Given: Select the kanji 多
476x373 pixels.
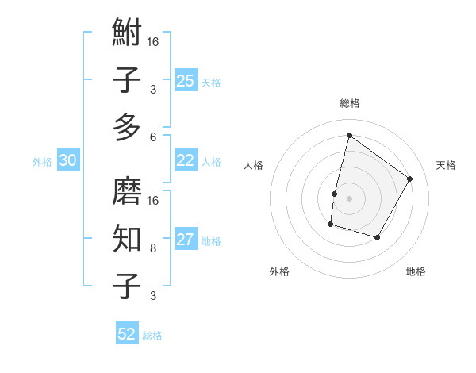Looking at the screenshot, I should tap(127, 128).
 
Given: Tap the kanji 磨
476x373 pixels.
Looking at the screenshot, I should tap(127, 191).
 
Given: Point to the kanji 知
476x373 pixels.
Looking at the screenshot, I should tap(127, 238).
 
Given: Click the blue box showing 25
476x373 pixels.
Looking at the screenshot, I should tap(185, 81).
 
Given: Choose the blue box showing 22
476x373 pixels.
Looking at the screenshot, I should tap(185, 160).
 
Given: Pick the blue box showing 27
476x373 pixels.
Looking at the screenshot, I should tap(185, 240).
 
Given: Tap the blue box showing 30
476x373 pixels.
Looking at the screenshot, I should tap(68, 160).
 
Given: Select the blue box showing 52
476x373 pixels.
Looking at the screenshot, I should tap(127, 334).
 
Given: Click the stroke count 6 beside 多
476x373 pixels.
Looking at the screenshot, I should tap(153, 137).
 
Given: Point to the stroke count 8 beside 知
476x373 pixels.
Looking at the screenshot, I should tap(153, 248).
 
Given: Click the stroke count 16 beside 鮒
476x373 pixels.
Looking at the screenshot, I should tap(153, 41).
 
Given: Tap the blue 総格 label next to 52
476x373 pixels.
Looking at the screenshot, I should tap(152, 336).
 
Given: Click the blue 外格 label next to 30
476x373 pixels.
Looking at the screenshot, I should tap(42, 162).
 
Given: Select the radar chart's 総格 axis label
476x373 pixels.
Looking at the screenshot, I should tap(349, 103).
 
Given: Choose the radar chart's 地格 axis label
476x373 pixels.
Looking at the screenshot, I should tap(416, 271).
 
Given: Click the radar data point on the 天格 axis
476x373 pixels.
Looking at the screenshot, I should tap(410, 179).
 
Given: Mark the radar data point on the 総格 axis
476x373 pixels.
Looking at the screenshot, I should tap(349, 135).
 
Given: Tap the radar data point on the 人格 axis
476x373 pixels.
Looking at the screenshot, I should tap(334, 194).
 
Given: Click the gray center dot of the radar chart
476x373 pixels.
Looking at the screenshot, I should tap(349, 198).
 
